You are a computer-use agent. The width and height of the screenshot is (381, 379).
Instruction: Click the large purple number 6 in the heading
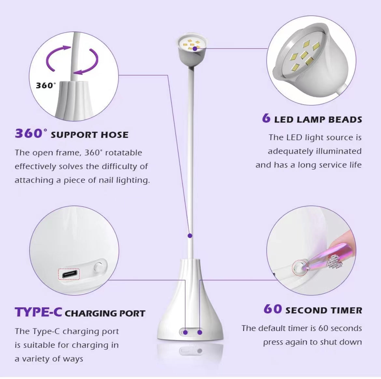pyautogui.click(x=266, y=118)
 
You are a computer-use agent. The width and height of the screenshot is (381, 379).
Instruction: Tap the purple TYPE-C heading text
pyautogui.click(x=38, y=312)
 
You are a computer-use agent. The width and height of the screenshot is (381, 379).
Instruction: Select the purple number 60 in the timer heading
pyautogui.click(x=273, y=309)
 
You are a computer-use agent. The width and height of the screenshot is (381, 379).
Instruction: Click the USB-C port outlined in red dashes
pyautogui.click(x=69, y=274)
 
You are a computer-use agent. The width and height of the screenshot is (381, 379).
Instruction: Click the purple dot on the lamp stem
pyautogui.click(x=190, y=235)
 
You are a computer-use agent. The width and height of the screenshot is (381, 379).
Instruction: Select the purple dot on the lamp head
pyautogui.click(x=195, y=48)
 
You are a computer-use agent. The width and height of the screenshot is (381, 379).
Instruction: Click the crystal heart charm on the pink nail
pyautogui.click(x=332, y=260)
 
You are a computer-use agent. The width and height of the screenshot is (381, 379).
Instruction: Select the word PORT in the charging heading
pyautogui.click(x=132, y=313)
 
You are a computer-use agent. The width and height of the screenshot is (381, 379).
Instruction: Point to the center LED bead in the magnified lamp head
pyautogui.click(x=305, y=54)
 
